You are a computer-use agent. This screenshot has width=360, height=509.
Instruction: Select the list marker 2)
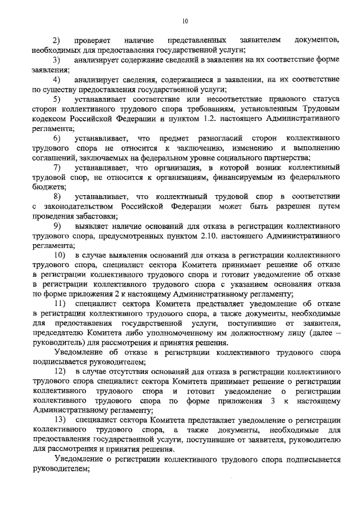[57, 40]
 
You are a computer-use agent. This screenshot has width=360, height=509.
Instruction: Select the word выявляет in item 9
[91, 226]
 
